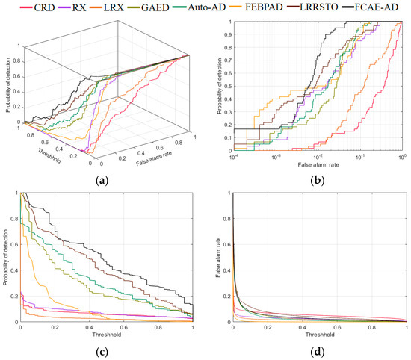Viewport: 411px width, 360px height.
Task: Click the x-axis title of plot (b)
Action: [x=317, y=162]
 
